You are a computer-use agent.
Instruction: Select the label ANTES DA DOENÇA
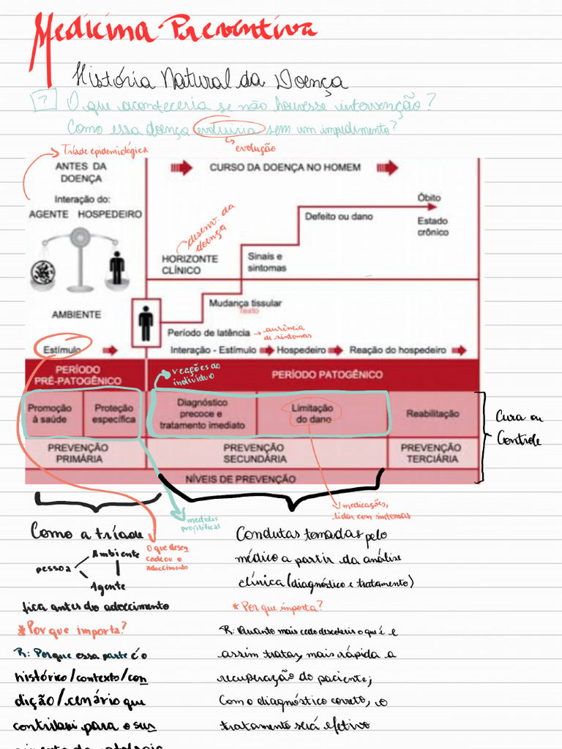81,172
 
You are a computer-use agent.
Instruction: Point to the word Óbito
429,197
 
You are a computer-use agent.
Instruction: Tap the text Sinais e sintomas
266,263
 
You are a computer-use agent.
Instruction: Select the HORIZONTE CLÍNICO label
190,264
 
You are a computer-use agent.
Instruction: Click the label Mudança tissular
245,303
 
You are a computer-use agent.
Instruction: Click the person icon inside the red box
146,323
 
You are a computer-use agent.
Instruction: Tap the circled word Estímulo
61,350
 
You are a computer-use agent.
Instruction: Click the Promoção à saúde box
49,414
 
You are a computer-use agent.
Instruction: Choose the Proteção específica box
113,414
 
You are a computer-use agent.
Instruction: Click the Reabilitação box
432,413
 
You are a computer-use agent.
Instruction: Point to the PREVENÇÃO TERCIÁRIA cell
430,453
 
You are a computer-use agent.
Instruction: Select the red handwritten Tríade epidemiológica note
105,151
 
